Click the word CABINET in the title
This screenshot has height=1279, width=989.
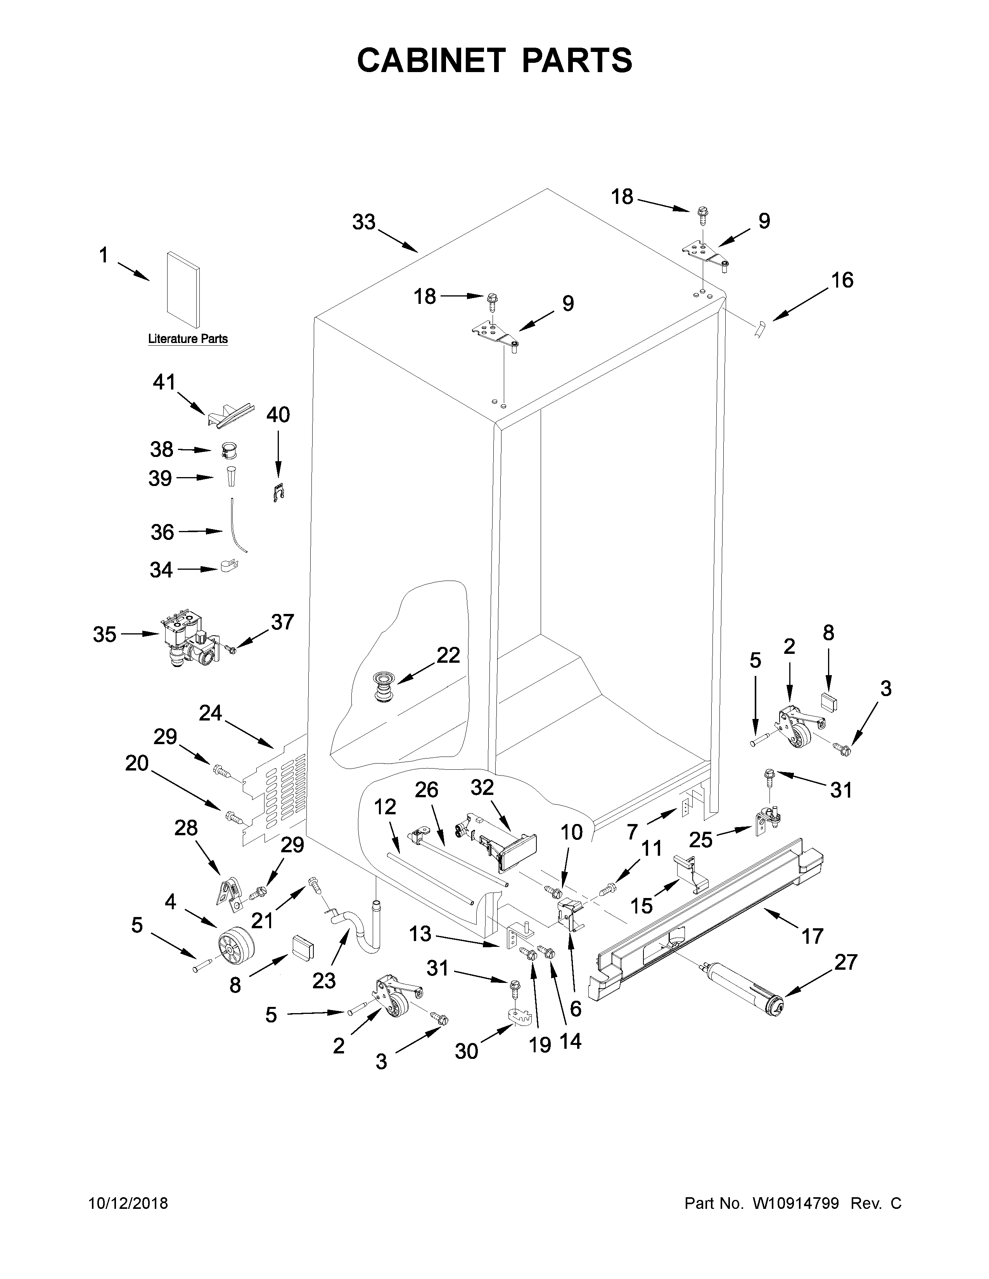[x=431, y=60]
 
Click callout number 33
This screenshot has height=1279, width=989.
[x=363, y=222]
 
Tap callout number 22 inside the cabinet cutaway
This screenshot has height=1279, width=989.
[x=448, y=655]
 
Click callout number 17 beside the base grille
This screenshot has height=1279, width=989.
[x=813, y=936]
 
